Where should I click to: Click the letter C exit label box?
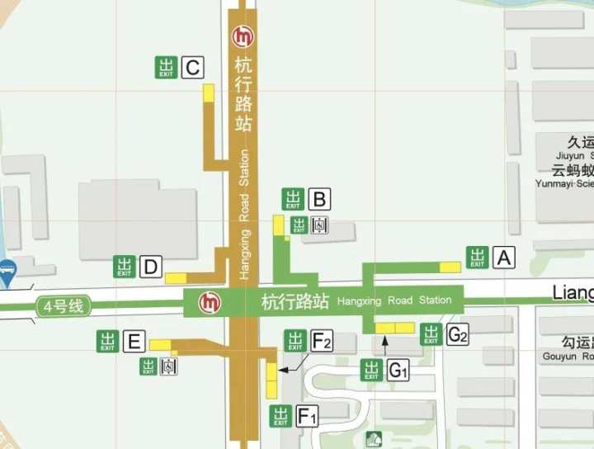tap(192, 68)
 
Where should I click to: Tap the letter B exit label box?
tap(320, 199)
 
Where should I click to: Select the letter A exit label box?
tap(504, 258)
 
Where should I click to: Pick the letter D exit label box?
tap(149, 267)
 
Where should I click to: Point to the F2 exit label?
tap(322, 340)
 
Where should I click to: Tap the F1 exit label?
tap(307, 417)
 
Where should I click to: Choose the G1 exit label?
tap(398, 371)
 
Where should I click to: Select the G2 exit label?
tap(457, 334)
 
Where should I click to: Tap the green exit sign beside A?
tap(478, 258)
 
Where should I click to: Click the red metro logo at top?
tap(243, 37)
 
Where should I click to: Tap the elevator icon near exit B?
tap(321, 224)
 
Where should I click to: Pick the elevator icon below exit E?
tap(169, 366)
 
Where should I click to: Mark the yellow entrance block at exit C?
tap(210, 93)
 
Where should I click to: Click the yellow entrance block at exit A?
tap(450, 267)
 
